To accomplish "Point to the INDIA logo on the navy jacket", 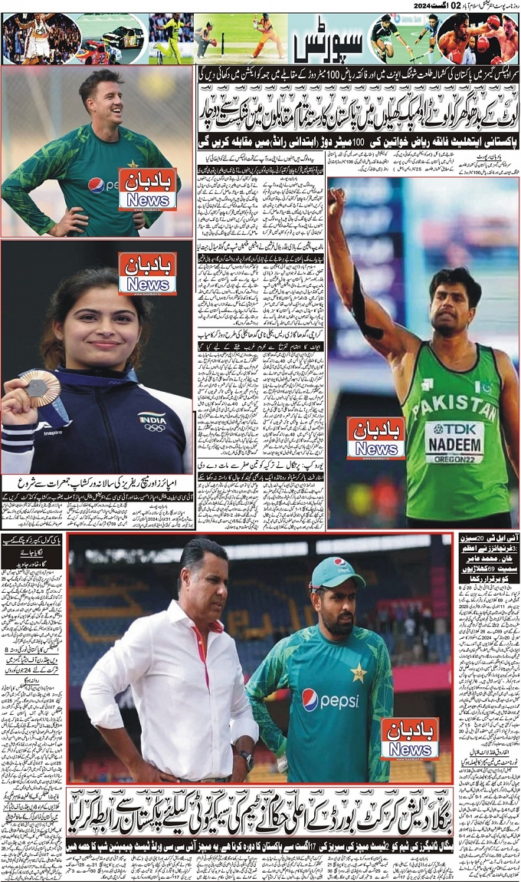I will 152,420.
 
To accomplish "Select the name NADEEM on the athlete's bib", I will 454,444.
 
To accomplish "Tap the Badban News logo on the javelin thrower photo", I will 375,438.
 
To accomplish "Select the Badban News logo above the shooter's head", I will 147,272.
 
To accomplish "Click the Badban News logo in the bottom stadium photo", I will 410,738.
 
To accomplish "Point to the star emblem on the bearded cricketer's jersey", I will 358,673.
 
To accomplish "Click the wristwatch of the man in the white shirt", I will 245,759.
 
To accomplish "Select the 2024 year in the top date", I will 425,5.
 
